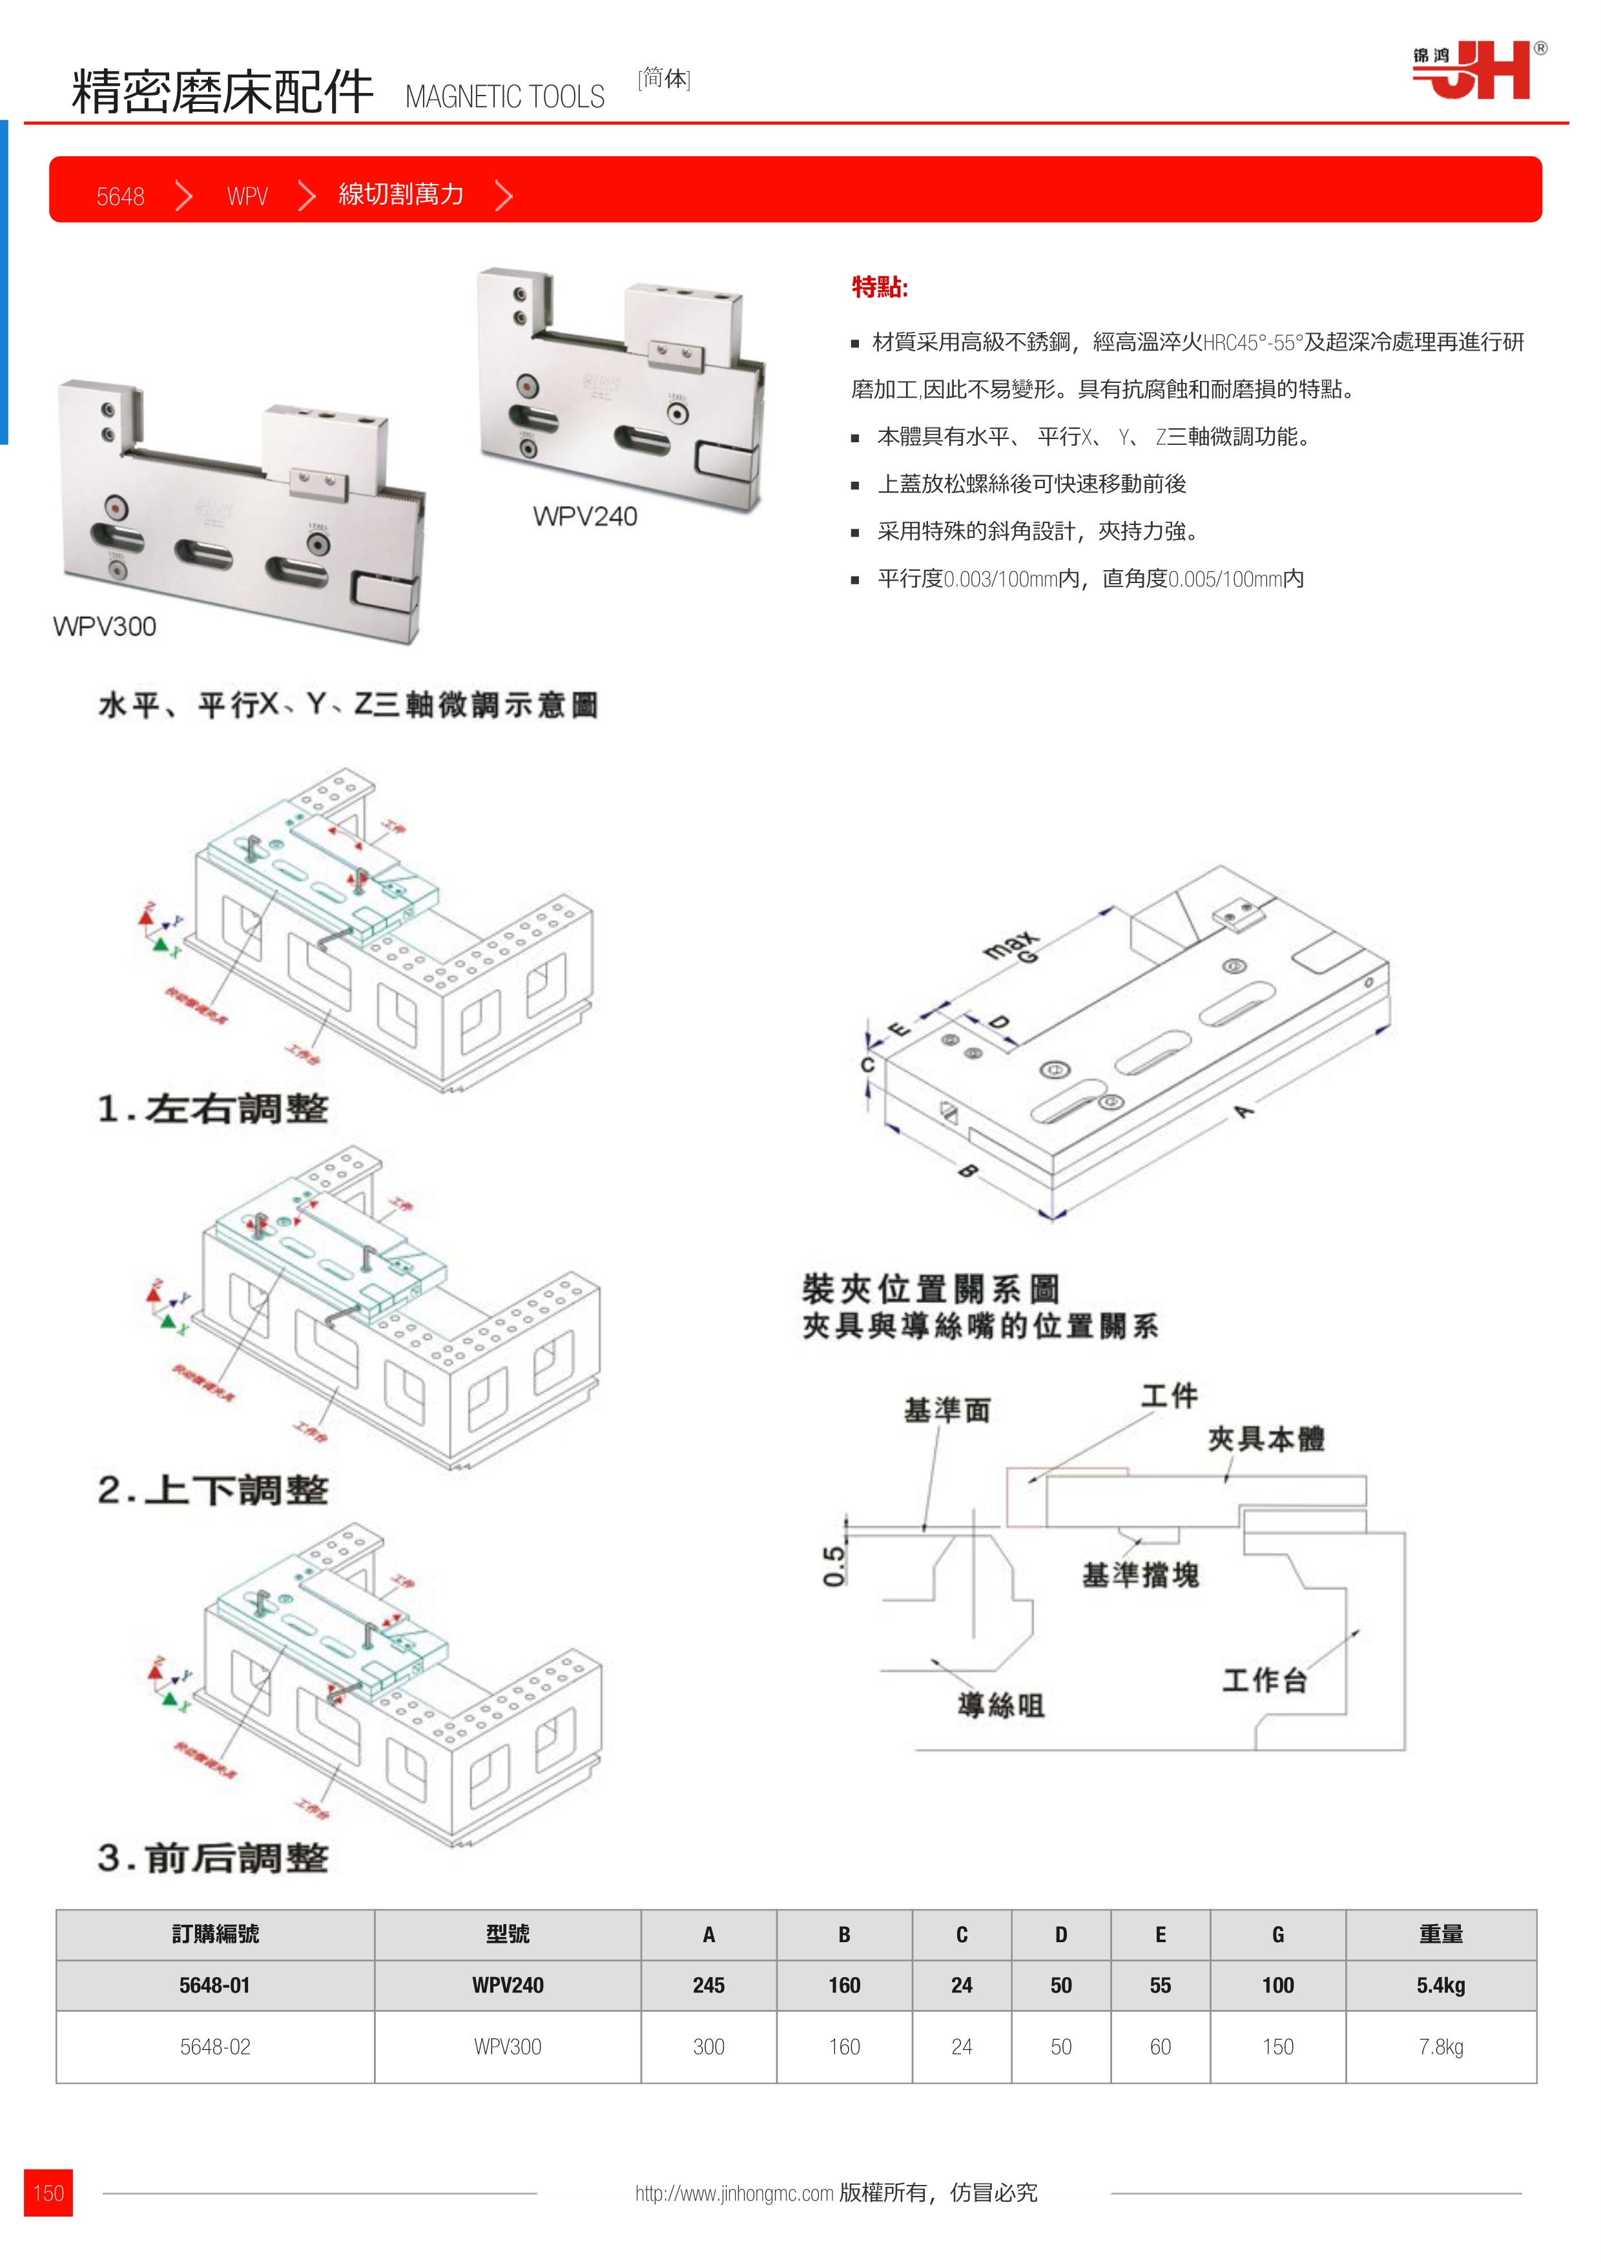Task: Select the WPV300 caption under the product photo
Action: coord(105,626)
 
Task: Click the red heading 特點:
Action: coord(879,287)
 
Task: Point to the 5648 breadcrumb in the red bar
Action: coord(120,196)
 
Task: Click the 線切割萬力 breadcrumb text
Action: coord(400,194)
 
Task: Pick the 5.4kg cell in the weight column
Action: coord(1440,1985)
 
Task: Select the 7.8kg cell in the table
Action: coord(1440,2047)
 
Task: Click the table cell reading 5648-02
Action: coord(215,2047)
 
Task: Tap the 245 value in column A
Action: coord(708,1985)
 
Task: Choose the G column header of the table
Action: coord(1277,1934)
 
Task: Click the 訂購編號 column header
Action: coord(215,1934)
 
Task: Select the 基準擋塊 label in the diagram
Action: coord(1141,1574)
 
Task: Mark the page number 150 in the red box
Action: coord(48,2193)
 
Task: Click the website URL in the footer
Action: coord(734,2193)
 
